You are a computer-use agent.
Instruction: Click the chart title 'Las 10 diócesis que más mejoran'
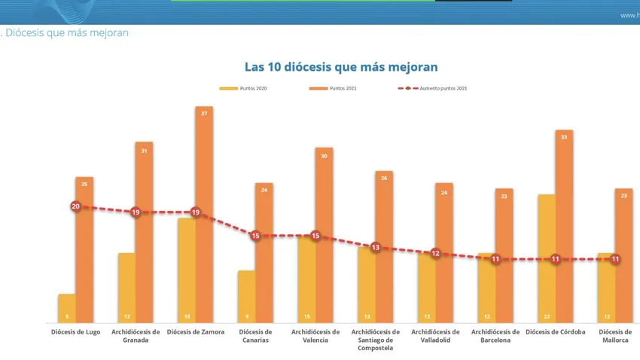tap(341, 67)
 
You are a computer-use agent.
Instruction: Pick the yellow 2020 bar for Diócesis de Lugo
tap(67, 309)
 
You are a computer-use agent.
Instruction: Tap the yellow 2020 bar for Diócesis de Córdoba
tap(547, 260)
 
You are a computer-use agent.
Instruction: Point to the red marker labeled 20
tap(75, 206)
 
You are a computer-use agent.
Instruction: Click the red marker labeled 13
tap(376, 247)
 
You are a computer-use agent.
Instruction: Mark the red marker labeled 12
tap(435, 253)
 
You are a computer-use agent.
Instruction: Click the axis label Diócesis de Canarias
tap(255, 336)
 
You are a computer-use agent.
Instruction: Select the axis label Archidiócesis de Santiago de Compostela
tap(376, 340)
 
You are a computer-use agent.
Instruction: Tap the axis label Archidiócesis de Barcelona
tap(495, 336)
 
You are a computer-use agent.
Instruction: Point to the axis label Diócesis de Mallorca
tap(615, 336)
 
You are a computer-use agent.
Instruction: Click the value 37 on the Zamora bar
tap(204, 113)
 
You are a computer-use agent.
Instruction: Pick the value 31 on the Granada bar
tap(145, 151)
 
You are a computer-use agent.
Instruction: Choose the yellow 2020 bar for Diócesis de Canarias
tap(246, 297)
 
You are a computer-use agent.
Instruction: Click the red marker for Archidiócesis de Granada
tap(136, 212)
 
